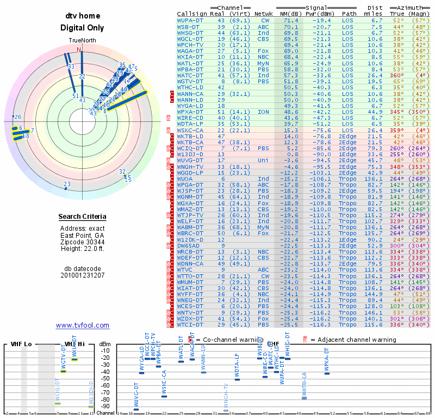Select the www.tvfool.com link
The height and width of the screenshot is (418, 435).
pyautogui.click(x=83, y=325)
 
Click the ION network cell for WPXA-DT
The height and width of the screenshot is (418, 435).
pyautogui.click(x=263, y=112)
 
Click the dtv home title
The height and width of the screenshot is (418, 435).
pyautogui.click(x=82, y=16)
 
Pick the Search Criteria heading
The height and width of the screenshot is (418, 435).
pyautogui.click(x=82, y=217)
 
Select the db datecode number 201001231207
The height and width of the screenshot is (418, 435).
pyautogui.click(x=82, y=275)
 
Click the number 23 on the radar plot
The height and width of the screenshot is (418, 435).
pyautogui.click(x=67, y=185)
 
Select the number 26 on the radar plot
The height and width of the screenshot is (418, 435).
pyautogui.click(x=18, y=117)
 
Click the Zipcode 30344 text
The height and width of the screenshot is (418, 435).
pyautogui.click(x=82, y=242)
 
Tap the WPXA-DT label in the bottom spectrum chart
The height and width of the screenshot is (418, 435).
pyautogui.click(x=327, y=360)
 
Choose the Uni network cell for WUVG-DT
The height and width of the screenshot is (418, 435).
pyautogui.click(x=263, y=161)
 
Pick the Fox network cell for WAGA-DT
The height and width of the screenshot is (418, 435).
pyautogui.click(x=263, y=51)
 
